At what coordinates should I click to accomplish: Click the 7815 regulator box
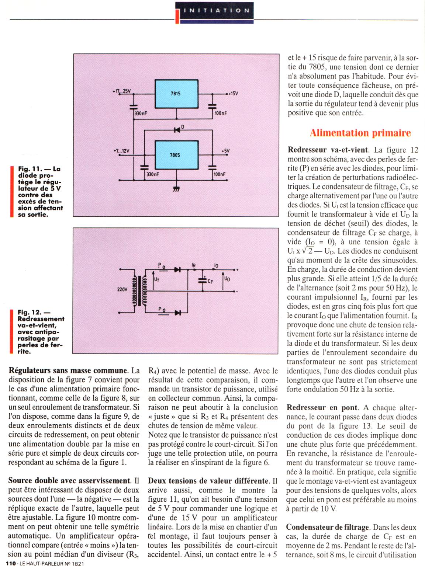pos(176,94)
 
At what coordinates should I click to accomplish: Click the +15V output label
pos(233,94)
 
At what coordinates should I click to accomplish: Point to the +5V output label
pos(225,151)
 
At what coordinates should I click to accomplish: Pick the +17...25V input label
pos(122,91)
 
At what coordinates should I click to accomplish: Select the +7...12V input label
pos(121,151)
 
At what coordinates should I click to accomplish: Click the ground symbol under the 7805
pos(176,189)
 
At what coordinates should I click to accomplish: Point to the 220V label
pos(122,289)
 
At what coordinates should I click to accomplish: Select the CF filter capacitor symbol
pos(202,281)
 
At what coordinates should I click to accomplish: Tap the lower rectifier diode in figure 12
pos(177,313)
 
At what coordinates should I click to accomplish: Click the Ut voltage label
pos(156,279)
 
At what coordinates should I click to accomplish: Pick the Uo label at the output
pos(227,279)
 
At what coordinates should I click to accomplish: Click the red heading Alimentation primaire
pos(360,133)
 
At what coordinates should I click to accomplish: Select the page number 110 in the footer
pos(10,564)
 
